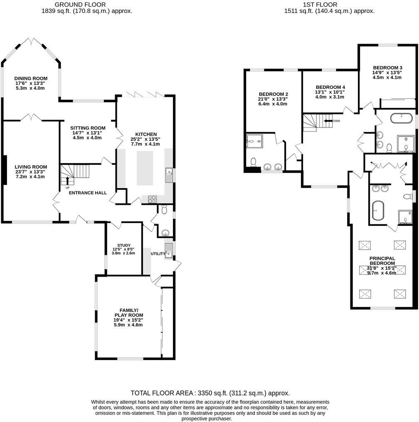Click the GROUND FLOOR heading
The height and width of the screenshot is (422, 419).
point(87,4)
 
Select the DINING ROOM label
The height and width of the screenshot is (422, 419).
point(31,79)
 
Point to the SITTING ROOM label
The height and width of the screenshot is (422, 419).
point(87,128)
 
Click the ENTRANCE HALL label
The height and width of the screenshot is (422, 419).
point(88,193)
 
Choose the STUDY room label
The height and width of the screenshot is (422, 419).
point(124,245)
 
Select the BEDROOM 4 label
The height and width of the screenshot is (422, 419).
point(330,87)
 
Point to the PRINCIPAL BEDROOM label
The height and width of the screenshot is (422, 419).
point(382,261)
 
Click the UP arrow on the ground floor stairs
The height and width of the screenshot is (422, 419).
point(67,180)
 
